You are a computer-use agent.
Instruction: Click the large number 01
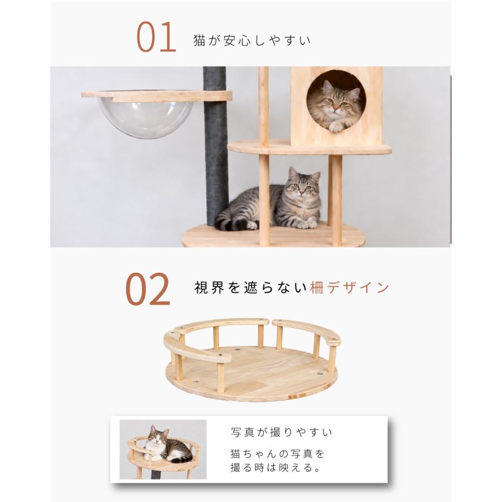(156, 37)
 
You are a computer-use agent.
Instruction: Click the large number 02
(147, 289)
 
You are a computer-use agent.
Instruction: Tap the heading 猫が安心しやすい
(252, 41)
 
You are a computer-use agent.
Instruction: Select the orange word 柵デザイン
(350, 287)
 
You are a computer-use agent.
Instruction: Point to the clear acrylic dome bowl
(146, 118)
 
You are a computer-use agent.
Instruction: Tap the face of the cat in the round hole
(336, 102)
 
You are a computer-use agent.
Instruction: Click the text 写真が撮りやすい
(282, 432)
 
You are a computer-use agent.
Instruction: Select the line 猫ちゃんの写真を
(278, 453)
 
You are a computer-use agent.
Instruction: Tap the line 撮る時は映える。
(276, 468)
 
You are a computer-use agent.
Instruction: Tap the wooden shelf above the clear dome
(157, 96)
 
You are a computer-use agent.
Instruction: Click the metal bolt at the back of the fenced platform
(237, 349)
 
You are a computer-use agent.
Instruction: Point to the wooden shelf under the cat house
(309, 147)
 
